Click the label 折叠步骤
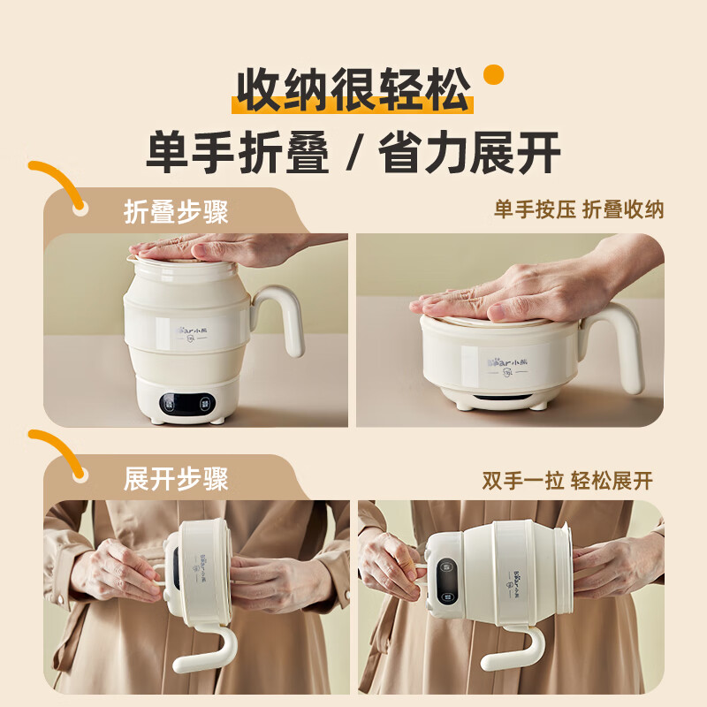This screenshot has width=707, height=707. click(x=176, y=213)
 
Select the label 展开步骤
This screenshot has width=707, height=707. click(x=176, y=479)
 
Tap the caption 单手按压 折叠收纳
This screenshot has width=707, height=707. click(x=579, y=209)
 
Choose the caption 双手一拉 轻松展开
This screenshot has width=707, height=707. click(x=567, y=481)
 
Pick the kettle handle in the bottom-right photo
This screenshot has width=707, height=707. click(x=513, y=650)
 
